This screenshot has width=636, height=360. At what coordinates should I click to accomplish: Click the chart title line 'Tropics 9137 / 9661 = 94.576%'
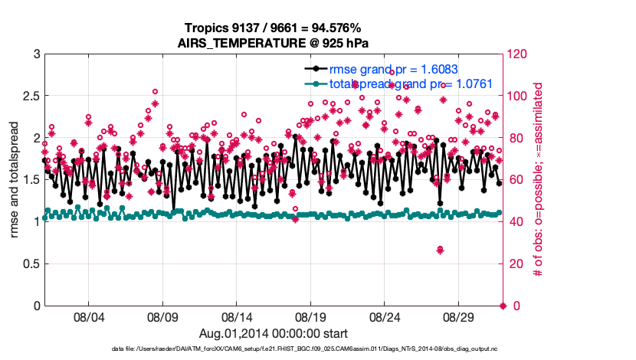274,28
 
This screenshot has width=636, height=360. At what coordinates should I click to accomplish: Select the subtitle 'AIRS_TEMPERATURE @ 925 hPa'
274,42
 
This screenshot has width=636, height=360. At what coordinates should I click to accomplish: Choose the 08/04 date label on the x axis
88,316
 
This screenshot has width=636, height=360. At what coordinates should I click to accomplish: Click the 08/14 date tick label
237,316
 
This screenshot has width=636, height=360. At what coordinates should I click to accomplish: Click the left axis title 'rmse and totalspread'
15,180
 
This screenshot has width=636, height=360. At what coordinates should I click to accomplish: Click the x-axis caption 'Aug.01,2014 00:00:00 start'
274,333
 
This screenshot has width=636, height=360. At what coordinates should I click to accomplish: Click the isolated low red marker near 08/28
440,250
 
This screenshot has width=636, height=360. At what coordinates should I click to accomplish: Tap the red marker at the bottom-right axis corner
503,306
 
